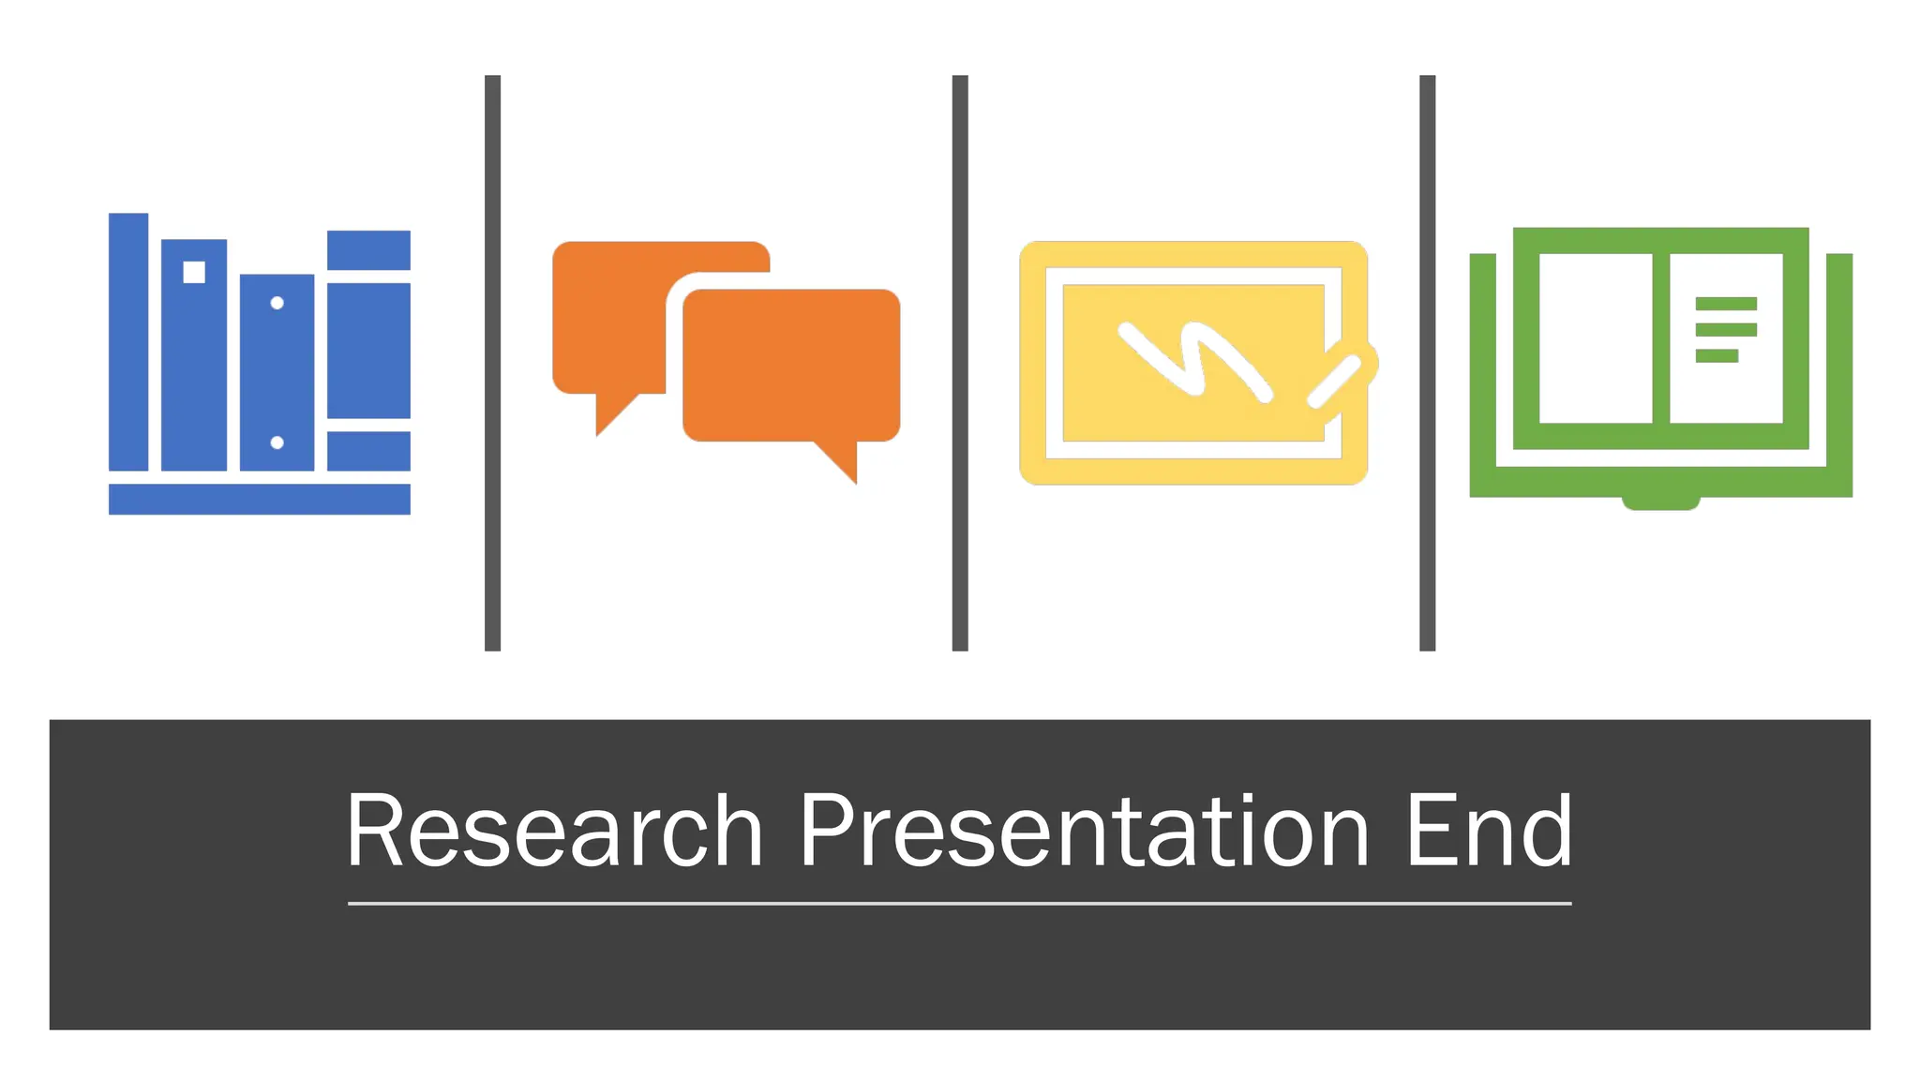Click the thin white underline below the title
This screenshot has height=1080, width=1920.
pyautogui.click(x=959, y=904)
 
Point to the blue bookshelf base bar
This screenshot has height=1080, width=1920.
pyautogui.click(x=259, y=499)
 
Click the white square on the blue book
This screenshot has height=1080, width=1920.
pyautogui.click(x=194, y=272)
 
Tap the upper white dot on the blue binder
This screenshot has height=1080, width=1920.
pyautogui.click(x=277, y=303)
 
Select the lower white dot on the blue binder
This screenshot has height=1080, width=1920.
pyautogui.click(x=277, y=442)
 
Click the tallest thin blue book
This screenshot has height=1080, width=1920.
pyautogui.click(x=128, y=342)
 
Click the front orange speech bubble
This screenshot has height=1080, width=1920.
pyautogui.click(x=791, y=366)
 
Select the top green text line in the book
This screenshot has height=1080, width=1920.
pyautogui.click(x=1726, y=303)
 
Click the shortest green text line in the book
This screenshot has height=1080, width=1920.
pyautogui.click(x=1717, y=355)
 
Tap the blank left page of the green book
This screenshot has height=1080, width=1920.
pyautogui.click(x=1595, y=337)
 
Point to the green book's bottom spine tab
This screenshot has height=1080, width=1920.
pyautogui.click(x=1660, y=503)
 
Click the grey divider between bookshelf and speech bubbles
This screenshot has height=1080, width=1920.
pyautogui.click(x=492, y=363)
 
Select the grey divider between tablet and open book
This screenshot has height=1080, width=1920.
pyautogui.click(x=1427, y=363)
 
